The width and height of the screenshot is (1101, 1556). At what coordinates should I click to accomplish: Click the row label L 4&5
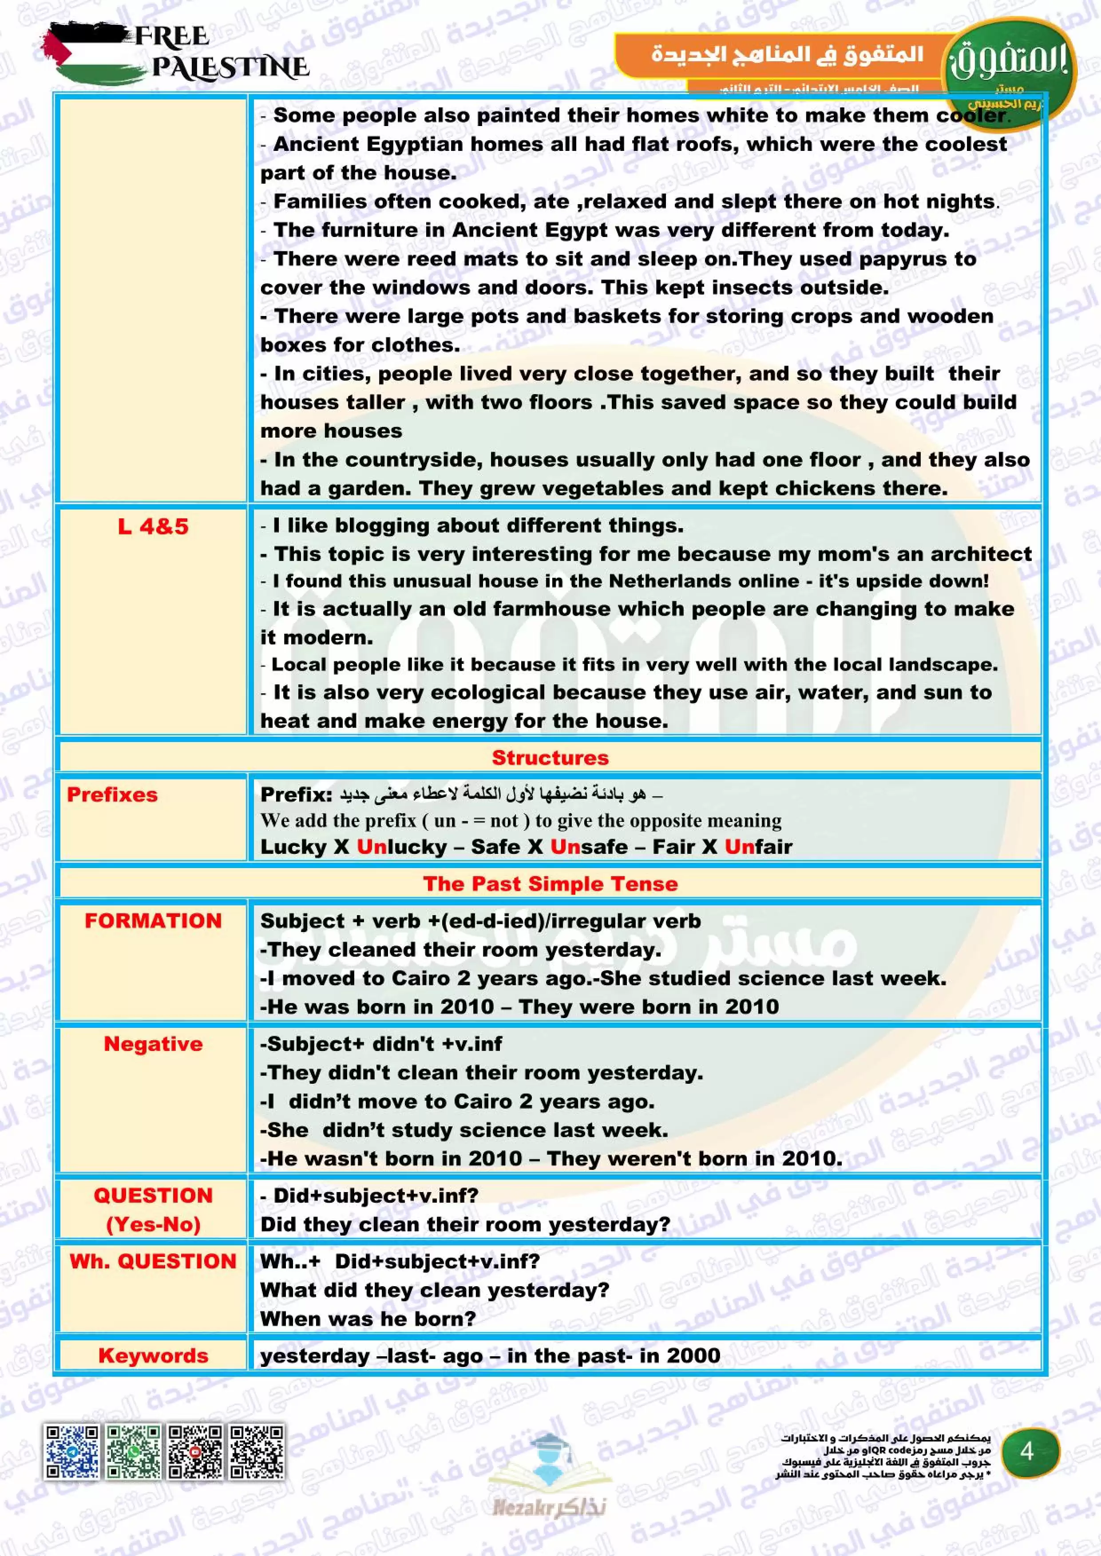point(153,526)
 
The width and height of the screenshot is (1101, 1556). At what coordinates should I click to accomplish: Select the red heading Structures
point(550,758)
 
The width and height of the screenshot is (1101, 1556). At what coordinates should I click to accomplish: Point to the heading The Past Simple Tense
point(550,884)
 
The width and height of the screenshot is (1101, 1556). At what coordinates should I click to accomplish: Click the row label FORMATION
point(153,921)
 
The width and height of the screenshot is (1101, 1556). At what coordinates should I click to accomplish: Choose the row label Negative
point(153,1044)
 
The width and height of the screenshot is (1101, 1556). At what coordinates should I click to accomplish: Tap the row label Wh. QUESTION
point(153,1261)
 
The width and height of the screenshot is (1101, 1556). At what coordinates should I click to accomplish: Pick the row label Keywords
point(153,1355)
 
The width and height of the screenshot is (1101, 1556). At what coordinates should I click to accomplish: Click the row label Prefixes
point(112,794)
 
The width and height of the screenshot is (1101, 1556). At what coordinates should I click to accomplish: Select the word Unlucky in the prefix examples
point(401,847)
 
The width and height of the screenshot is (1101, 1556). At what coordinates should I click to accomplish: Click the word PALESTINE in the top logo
point(230,67)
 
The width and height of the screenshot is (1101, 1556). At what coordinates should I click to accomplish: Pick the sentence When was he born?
point(368,1319)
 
